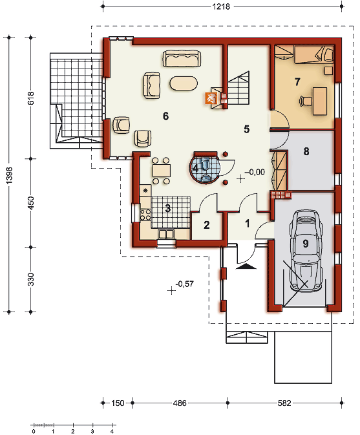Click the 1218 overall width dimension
click(221, 6)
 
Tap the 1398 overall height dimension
click(9, 175)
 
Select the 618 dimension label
click(30, 98)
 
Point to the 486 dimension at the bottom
click(180, 403)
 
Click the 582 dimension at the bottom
click(284, 403)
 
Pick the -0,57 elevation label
click(184, 284)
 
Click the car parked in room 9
click(306, 250)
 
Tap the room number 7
click(297, 82)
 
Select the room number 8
click(306, 151)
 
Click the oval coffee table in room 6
click(184, 83)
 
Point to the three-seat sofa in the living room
click(182, 59)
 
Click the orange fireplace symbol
click(210, 98)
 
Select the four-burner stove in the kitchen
click(145, 215)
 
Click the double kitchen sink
click(166, 234)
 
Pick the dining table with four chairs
click(161, 171)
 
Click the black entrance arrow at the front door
click(246, 266)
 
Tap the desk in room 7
click(320, 101)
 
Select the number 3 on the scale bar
click(92, 431)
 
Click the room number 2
click(207, 226)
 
